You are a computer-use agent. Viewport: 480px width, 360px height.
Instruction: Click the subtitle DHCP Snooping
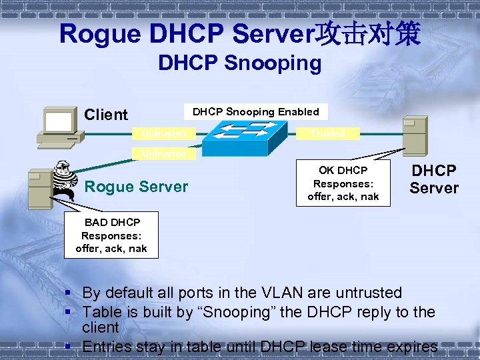[x=239, y=63]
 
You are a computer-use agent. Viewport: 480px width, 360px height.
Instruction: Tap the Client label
[x=105, y=115]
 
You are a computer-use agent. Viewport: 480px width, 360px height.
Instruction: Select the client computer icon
[x=59, y=127]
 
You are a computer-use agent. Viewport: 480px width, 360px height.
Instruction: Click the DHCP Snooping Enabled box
[x=255, y=112]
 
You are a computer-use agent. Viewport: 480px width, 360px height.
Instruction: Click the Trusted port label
[x=327, y=133]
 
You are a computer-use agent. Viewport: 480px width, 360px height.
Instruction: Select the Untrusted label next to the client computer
[x=163, y=133]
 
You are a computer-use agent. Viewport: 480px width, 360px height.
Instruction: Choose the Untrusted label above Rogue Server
[x=163, y=154]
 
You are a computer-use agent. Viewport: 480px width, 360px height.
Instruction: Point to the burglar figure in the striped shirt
[x=65, y=180]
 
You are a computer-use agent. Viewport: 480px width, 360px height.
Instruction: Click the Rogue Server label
[x=136, y=187]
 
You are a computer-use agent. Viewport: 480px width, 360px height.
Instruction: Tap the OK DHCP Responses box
[x=343, y=183]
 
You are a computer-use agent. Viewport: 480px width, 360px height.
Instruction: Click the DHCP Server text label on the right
[x=434, y=180]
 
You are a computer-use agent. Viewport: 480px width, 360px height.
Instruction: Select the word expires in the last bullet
[x=413, y=347]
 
